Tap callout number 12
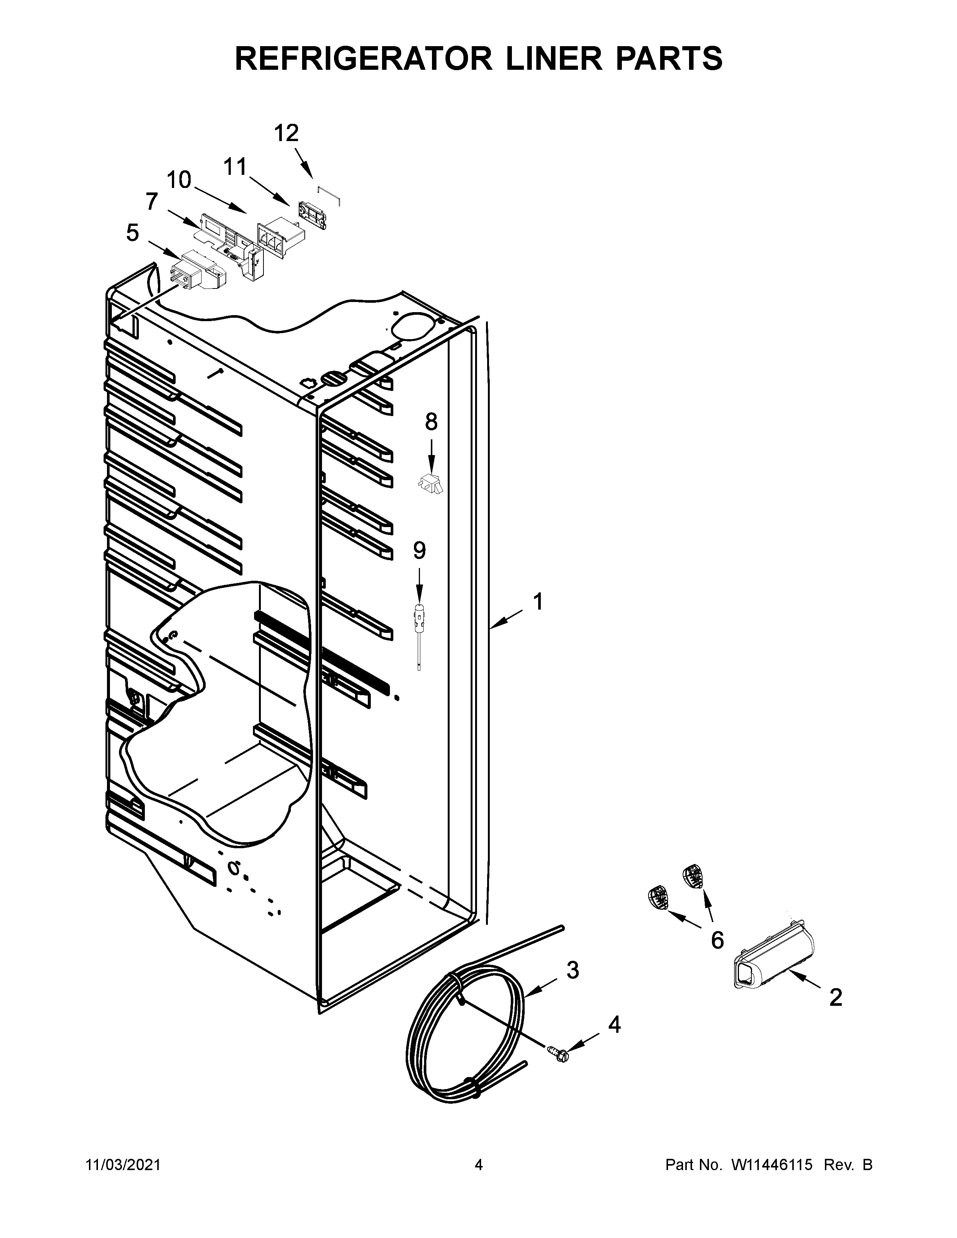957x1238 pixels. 286,134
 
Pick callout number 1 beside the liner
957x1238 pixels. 537,602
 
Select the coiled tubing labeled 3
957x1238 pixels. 465,1037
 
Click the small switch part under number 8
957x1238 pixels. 431,484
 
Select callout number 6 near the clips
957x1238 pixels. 717,941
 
